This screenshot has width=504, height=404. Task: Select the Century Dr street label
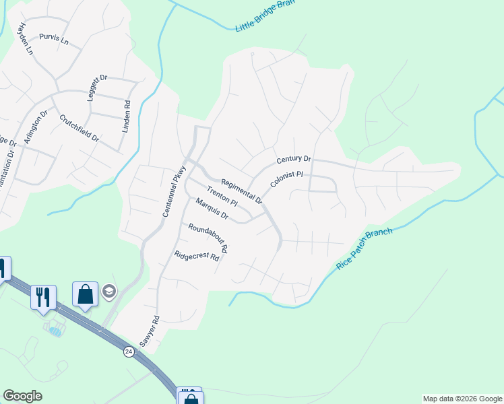(x=294, y=160)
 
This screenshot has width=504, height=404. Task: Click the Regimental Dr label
(x=241, y=191)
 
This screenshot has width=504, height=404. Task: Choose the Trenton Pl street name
(x=222, y=197)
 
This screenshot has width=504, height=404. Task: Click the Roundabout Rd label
(x=208, y=237)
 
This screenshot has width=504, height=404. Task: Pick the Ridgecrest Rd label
(x=197, y=257)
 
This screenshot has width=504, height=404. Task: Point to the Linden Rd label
(x=126, y=116)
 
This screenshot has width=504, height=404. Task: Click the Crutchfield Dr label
(x=79, y=128)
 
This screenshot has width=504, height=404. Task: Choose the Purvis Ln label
(x=54, y=40)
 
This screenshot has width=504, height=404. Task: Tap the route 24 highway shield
(x=129, y=351)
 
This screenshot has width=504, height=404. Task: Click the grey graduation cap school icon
(x=108, y=292)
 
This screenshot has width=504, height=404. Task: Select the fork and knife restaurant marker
(x=43, y=296)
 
